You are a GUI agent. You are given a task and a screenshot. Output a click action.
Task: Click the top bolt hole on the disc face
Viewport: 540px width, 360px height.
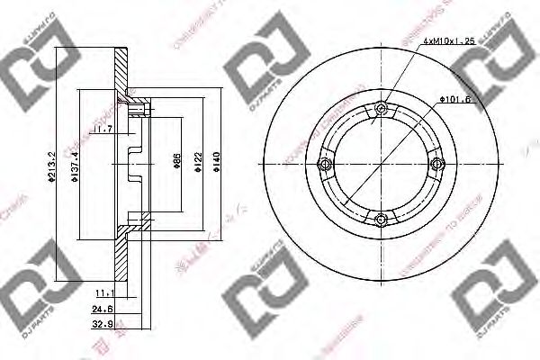(x=382, y=109)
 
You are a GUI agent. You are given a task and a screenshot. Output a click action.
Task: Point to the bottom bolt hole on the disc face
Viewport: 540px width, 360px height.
(x=382, y=218)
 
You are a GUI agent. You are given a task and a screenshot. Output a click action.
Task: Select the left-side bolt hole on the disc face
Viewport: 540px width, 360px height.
(x=328, y=164)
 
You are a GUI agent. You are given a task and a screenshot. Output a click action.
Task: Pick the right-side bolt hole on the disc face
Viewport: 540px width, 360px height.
(x=436, y=164)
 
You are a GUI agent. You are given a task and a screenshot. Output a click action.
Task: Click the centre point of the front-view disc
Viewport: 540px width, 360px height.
(x=382, y=164)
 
